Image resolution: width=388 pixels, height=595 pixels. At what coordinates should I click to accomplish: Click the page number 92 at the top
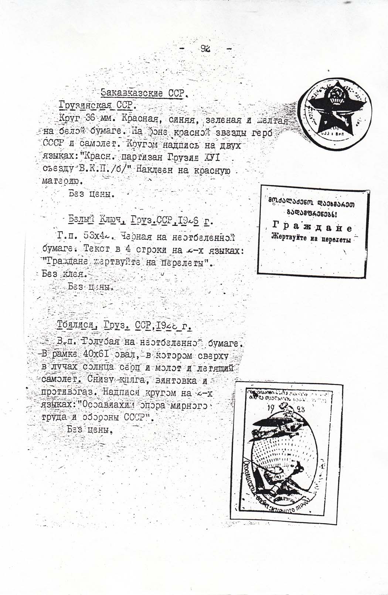pyautogui.click(x=205, y=48)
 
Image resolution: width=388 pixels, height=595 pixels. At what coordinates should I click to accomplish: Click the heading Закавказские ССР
pyautogui.click(x=142, y=93)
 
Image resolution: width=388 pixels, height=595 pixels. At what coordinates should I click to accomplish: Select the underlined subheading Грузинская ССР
pyautogui.click(x=97, y=106)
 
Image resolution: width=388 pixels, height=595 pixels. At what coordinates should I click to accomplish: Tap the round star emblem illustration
pyautogui.click(x=335, y=118)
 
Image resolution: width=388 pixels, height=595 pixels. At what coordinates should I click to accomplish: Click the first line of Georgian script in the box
pyautogui.click(x=312, y=203)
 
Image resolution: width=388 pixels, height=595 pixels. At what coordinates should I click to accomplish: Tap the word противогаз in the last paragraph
pyautogui.click(x=69, y=392)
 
